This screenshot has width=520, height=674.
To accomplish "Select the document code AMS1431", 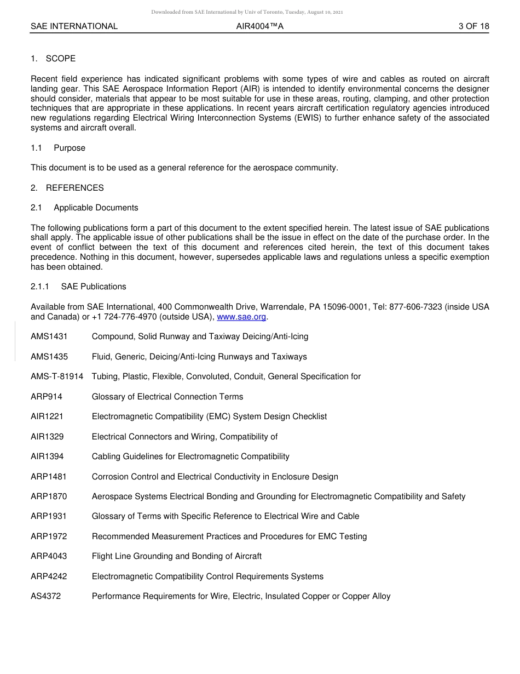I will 49,336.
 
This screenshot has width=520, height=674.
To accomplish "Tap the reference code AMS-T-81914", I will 57,376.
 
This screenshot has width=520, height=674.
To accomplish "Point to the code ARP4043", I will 49,556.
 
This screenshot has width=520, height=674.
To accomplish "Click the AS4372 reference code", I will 46,596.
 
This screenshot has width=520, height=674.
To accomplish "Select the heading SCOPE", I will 61,59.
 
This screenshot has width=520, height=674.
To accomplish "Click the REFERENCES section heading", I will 74,188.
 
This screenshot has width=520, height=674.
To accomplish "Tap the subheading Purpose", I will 70,148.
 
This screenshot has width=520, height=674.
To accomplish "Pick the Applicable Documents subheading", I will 96,208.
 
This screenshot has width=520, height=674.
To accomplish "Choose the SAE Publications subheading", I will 94,287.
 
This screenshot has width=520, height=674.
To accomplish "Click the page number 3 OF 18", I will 473,26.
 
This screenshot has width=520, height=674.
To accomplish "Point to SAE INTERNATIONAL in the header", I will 74,26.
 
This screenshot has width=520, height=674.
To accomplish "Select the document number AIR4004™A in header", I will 259,26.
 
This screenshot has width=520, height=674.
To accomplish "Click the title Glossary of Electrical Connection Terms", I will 167,397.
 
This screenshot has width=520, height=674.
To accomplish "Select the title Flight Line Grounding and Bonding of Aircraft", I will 177,556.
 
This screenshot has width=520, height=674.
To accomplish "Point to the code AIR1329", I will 47,437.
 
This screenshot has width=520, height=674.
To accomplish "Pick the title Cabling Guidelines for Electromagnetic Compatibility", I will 190,456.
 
